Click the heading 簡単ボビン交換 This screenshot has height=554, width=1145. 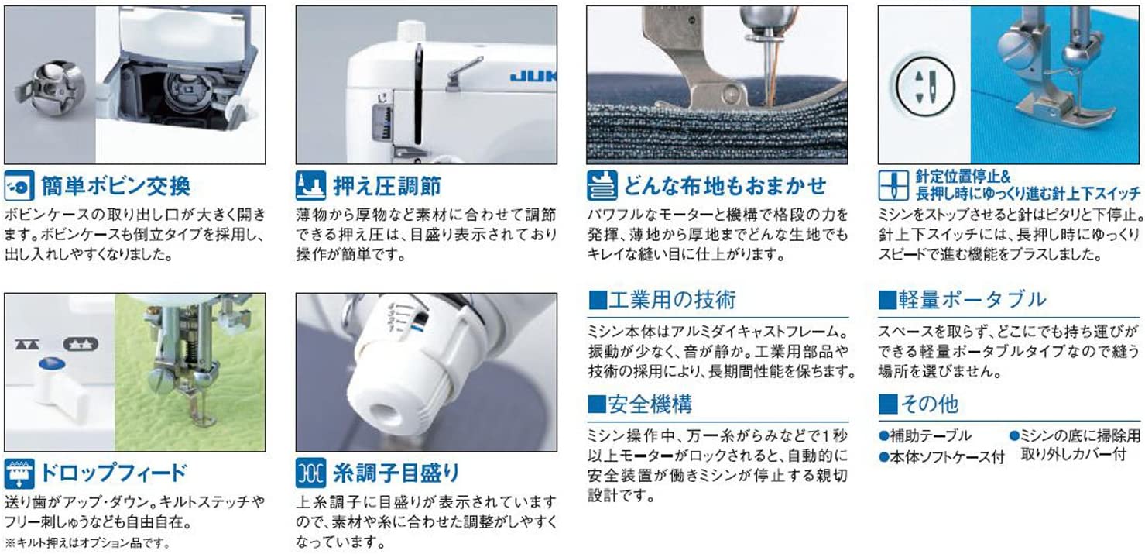[x=115, y=186]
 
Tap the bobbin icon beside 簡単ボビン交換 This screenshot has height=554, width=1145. [x=19, y=186]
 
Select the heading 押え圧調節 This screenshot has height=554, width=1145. [x=387, y=186]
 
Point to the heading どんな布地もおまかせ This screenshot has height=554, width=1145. [x=725, y=186]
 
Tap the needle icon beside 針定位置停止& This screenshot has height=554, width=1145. [x=893, y=186]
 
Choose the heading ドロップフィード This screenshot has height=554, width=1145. [x=114, y=473]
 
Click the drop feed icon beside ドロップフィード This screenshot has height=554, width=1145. [x=19, y=473]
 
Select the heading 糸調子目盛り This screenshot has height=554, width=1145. [x=396, y=473]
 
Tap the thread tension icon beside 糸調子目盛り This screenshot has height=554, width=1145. [x=310, y=473]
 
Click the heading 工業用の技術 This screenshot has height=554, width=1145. [x=662, y=300]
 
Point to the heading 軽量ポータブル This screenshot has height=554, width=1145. [x=962, y=300]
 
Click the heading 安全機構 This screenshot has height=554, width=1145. [x=640, y=404]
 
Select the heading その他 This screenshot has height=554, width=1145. [x=919, y=404]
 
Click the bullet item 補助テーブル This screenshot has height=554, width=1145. [x=925, y=435]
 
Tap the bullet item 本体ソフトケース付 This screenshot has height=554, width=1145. [x=942, y=457]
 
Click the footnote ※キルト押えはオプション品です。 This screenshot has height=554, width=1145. [x=87, y=542]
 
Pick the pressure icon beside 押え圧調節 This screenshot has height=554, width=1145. [x=310, y=186]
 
